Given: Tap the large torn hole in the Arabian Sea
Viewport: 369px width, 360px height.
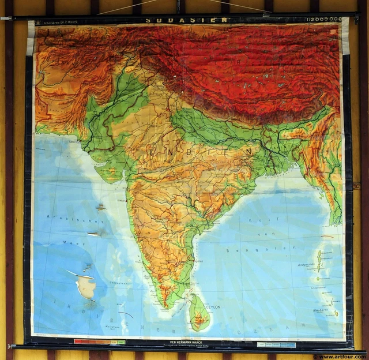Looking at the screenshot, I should (x=86, y=286).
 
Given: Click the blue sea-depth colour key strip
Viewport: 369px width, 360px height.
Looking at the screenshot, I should (x=276, y=344).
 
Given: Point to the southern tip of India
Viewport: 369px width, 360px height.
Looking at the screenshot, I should (x=167, y=305).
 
